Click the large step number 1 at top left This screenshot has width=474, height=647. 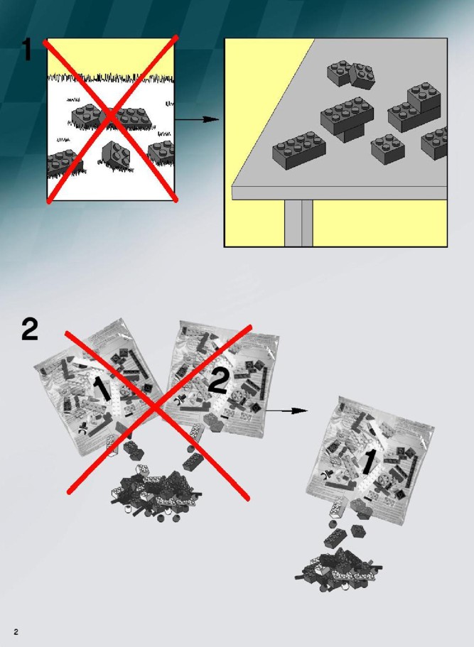26,49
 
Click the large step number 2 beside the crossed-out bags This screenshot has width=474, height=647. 30,330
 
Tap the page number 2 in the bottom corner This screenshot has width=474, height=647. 16,632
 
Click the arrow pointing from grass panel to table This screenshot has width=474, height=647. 197,119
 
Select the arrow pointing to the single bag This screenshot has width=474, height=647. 286,411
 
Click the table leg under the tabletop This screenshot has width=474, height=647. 298,223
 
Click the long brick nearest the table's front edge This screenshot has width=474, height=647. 299,150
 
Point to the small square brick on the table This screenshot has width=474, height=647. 388,147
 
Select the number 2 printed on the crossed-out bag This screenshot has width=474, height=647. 218,381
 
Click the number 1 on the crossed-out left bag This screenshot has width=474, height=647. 102,388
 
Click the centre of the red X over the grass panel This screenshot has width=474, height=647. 112,118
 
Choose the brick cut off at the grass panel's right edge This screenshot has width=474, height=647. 161,153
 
